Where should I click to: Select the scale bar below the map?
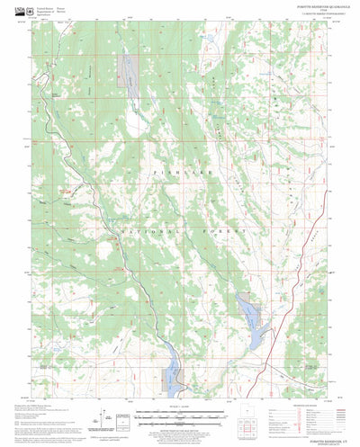(180, 391)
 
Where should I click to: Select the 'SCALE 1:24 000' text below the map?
(179, 382)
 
